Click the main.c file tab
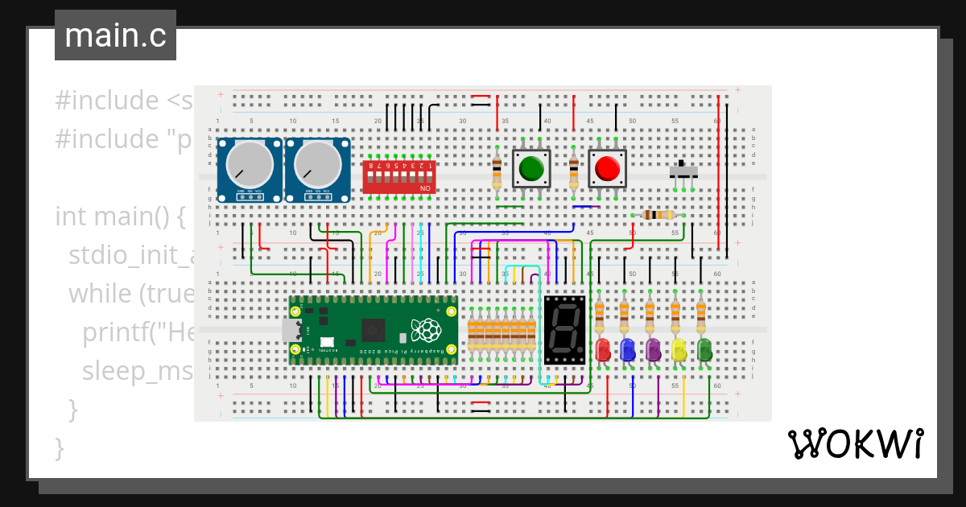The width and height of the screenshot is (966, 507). [x=115, y=35]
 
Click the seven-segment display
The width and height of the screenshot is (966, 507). [x=564, y=329]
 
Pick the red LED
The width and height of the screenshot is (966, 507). [x=602, y=349]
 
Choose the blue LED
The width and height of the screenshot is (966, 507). [x=628, y=349]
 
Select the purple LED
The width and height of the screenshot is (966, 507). [x=653, y=349]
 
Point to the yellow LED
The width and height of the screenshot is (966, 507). [x=679, y=349]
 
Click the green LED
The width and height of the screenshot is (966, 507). [x=704, y=349]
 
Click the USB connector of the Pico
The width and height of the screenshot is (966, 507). [x=290, y=330]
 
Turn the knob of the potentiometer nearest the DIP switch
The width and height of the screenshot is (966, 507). [x=316, y=164]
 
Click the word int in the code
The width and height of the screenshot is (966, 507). [x=71, y=216]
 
